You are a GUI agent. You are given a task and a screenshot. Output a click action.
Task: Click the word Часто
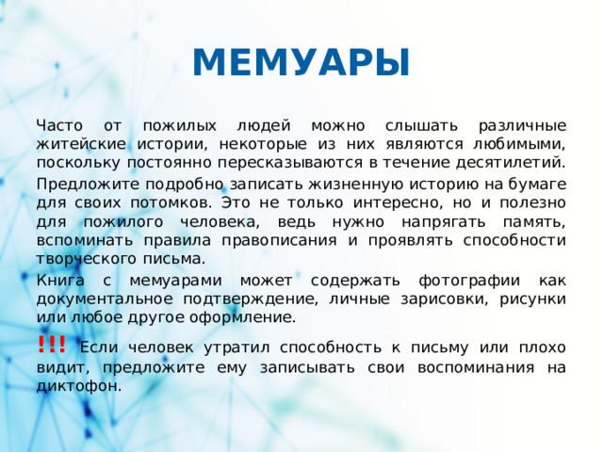[59, 125]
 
